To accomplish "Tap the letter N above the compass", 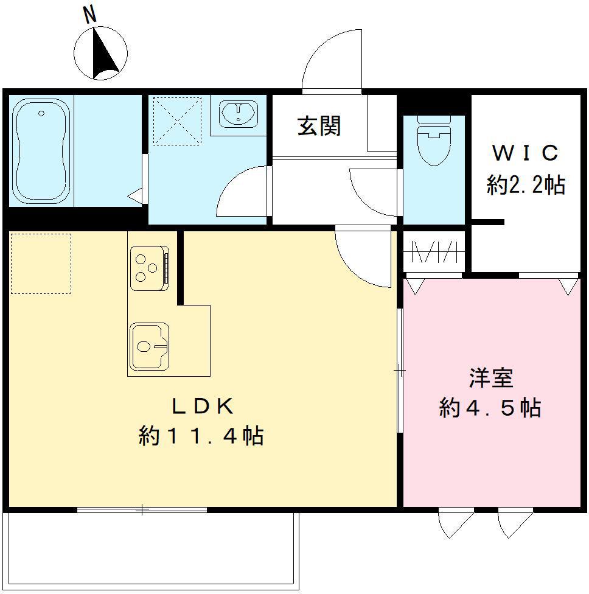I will pos(91,16).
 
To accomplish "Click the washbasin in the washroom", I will pos(238,113).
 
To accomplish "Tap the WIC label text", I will pos(525,153).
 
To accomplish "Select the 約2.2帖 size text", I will pos(525,183).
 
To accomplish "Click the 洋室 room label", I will pos(490,378).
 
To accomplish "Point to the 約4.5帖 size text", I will pos(490,408).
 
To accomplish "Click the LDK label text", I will pos(201,406).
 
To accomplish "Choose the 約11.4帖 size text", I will pos(201,436).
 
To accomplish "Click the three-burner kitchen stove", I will pos(148,267).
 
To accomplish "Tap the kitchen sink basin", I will pos(148,346).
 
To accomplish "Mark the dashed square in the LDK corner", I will pos(41,264).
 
